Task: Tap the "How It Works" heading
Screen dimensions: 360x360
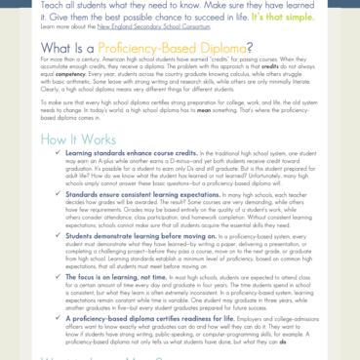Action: tap(62, 166)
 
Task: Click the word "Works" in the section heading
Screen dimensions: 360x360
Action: tap(91, 166)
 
